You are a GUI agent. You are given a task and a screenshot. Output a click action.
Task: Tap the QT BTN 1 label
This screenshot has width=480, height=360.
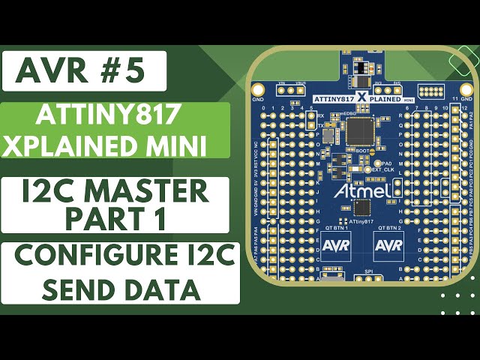(334, 226)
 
